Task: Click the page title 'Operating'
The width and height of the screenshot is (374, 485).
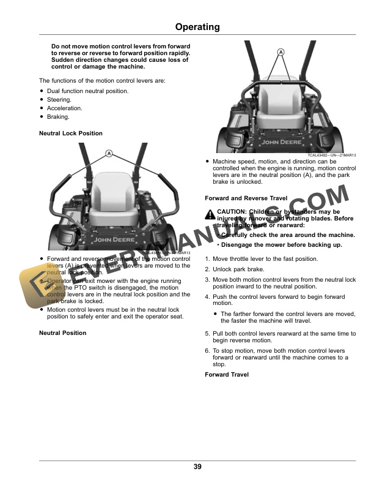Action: click(197, 27)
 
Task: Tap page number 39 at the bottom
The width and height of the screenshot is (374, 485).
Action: click(197, 467)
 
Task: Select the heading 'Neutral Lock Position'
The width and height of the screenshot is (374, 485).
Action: click(71, 133)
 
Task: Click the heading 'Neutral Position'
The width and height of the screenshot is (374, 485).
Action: click(62, 333)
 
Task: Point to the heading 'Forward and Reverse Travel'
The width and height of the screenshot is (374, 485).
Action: click(246, 198)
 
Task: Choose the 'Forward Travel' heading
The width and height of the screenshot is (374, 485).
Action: click(227, 374)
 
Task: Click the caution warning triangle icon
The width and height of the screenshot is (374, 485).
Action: click(210, 212)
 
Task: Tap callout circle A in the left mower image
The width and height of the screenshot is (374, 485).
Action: click(108, 153)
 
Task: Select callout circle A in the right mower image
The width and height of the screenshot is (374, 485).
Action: click(282, 53)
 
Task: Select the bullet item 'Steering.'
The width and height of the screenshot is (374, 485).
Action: click(59, 99)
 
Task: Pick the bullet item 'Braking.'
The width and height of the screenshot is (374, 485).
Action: click(58, 116)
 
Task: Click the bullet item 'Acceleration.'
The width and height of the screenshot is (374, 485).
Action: click(64, 108)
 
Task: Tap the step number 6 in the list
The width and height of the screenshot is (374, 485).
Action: click(207, 350)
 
